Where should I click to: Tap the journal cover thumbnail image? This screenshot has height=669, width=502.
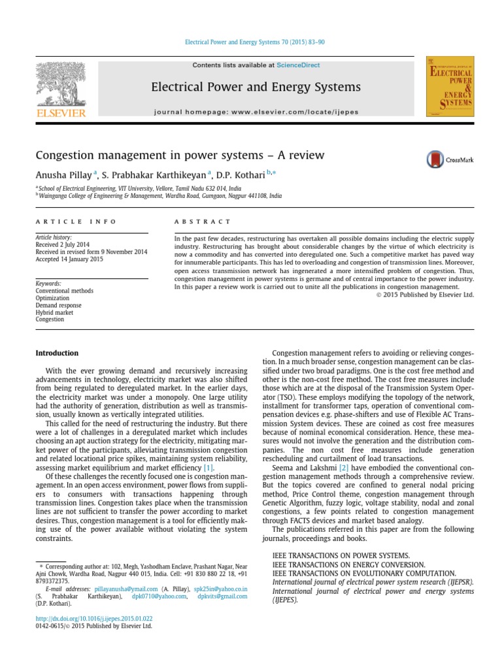tap(450, 87)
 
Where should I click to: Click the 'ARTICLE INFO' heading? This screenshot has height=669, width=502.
tap(76, 222)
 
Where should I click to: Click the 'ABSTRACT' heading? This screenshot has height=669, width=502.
tap(203, 222)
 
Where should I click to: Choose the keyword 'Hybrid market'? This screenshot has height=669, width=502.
tap(55, 312)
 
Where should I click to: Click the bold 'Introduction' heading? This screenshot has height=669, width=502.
tap(56, 353)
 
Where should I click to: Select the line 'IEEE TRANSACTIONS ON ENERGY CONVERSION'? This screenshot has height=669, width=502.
tap(348, 564)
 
